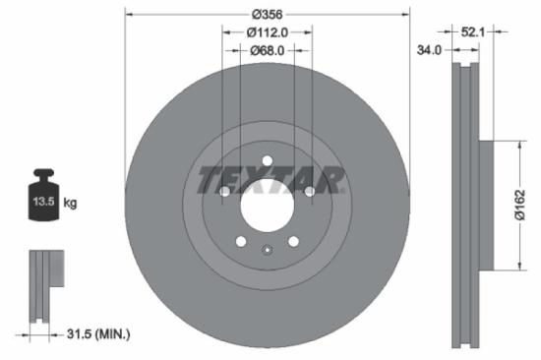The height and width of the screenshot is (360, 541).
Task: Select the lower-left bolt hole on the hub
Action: click(242, 241)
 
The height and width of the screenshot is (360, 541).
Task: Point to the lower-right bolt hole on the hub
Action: click(293, 241)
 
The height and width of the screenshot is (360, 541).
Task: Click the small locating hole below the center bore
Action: click(268, 250)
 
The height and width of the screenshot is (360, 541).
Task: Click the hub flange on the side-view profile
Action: click(485, 206)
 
